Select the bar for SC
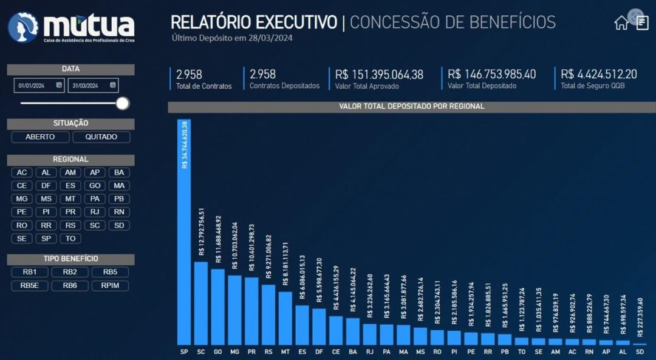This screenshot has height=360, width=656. click(201, 303)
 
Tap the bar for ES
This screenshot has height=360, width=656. click(302, 325)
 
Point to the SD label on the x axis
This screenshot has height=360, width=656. click(639, 352)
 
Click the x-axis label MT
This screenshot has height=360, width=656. click(285, 352)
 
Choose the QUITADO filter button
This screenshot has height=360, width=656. click(101, 137)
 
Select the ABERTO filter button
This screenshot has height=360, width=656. click(40, 137)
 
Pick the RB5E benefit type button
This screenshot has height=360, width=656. click(30, 285)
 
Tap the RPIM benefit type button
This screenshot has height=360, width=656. click(110, 285)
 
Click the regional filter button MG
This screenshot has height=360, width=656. click(22, 199)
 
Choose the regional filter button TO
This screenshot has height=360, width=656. click(70, 239)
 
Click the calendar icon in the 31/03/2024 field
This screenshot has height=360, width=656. click(112, 86)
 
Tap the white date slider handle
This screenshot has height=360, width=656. click(123, 103)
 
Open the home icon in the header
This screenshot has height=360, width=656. click(621, 23)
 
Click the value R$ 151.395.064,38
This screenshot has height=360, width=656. click(379, 75)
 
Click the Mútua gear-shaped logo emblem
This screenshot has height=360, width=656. click(23, 27)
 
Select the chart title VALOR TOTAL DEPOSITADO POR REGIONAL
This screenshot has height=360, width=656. click(412, 107)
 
